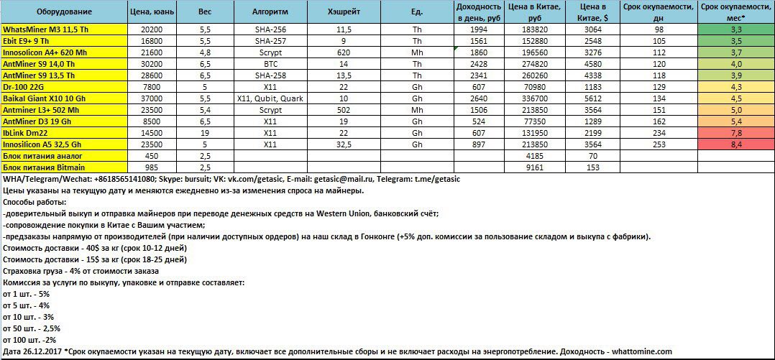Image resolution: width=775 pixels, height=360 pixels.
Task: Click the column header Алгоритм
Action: point(270,13)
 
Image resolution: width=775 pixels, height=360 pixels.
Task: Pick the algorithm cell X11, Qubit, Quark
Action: point(270,98)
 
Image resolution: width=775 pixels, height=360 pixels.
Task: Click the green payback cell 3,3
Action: point(735,29)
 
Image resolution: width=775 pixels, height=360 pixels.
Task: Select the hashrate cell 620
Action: point(343,52)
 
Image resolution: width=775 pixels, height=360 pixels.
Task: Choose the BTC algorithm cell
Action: point(270,64)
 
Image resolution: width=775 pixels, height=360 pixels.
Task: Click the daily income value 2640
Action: point(479,98)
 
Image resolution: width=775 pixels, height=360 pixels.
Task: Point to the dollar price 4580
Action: point(593,64)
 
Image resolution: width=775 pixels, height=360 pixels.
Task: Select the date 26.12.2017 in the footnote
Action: point(42,351)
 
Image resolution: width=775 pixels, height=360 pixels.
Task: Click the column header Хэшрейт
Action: point(343,13)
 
